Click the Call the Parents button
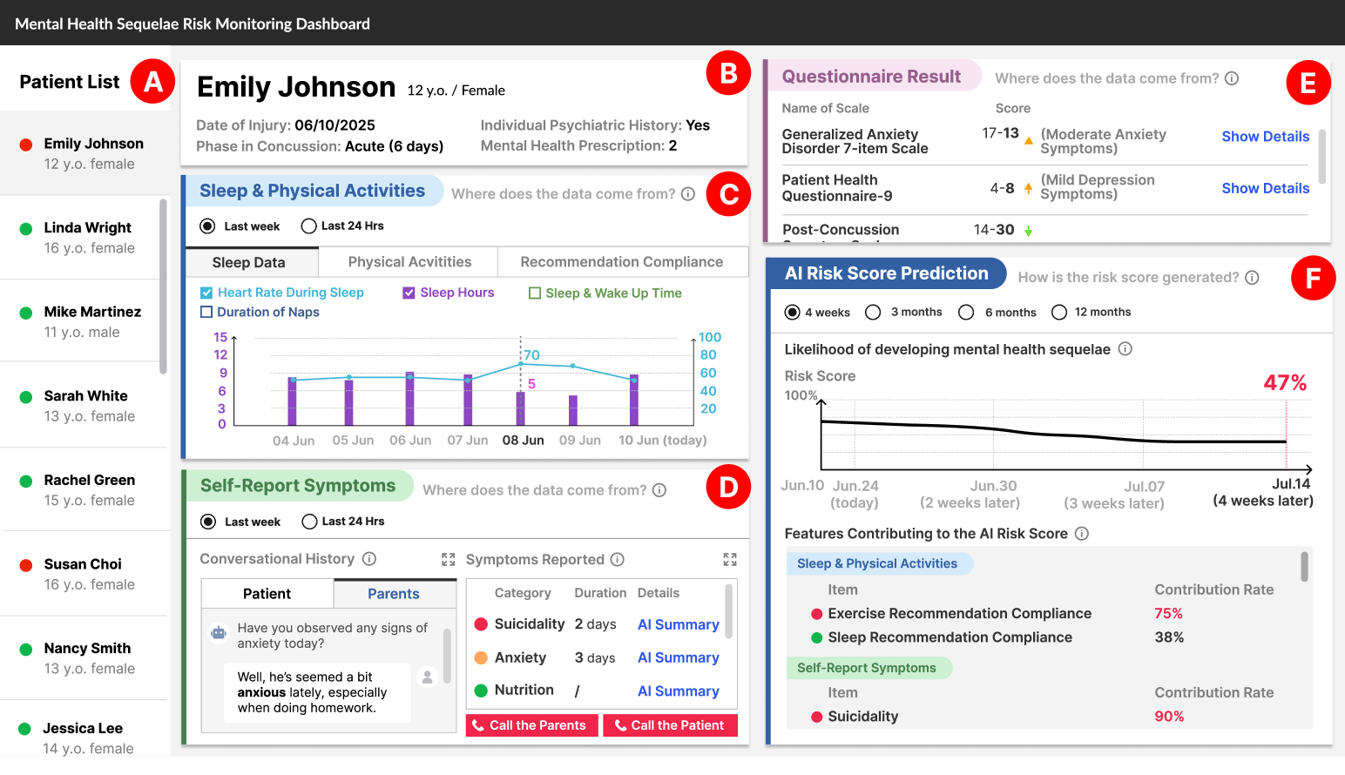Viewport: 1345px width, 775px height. pos(531,725)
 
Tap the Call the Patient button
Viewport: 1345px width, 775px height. pos(670,725)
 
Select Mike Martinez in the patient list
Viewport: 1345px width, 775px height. pos(92,312)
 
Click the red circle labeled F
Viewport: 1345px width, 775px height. pos(1313,278)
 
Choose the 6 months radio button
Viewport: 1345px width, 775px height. pos(966,313)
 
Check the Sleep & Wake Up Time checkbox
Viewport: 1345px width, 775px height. pos(535,293)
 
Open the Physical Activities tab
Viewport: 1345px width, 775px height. pos(409,262)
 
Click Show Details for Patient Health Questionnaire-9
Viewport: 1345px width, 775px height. pos(1265,188)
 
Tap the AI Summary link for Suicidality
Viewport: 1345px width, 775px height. pos(678,624)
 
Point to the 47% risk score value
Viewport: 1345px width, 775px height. pos(1285,383)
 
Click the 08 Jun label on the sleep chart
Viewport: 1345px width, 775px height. pos(523,441)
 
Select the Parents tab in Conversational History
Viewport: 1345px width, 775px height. pos(394,594)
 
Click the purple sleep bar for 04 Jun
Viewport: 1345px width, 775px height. pos(293,401)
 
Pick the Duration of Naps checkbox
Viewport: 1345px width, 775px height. pos(206,312)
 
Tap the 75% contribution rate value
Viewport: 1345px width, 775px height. pos(1168,614)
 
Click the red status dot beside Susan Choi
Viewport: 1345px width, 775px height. pos(26,565)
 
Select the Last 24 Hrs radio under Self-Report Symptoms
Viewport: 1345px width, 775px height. pos(309,522)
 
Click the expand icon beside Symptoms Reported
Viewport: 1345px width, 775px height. pos(730,559)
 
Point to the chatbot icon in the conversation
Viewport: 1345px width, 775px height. pos(219,633)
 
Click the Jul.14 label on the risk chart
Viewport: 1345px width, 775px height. pos(1290,484)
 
